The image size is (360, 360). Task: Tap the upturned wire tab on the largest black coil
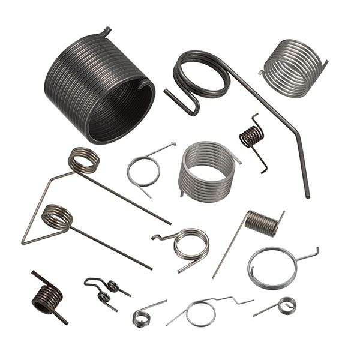[106, 31]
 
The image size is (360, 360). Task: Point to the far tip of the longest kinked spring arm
[308, 196]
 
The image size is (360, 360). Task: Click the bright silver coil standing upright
[207, 171]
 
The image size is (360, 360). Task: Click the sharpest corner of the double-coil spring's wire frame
[25, 242]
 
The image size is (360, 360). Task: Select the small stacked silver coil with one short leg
[142, 317]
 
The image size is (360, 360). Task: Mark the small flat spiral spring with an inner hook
[286, 305]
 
